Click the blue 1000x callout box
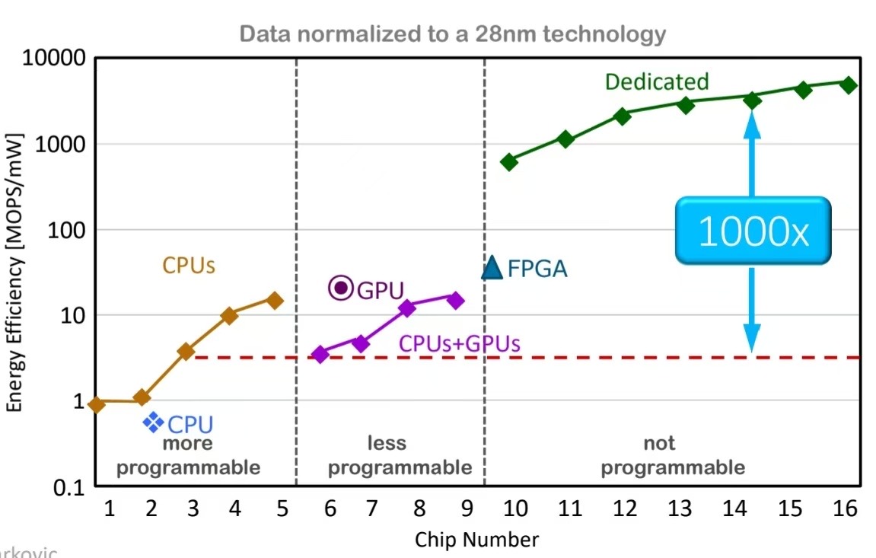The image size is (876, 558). tap(753, 231)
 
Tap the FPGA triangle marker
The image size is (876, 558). tap(492, 267)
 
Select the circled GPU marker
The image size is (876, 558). tap(341, 288)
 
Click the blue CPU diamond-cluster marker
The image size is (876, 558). tap(154, 422)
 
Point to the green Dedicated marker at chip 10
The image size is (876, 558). tap(509, 161)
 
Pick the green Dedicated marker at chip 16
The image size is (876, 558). tap(849, 84)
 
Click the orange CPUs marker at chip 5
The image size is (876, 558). tap(275, 301)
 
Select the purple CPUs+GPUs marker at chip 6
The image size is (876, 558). tap(320, 354)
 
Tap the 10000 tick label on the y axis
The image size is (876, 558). tap(52, 59)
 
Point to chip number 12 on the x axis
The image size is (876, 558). tap(626, 508)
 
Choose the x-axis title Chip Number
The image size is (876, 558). tap(476, 540)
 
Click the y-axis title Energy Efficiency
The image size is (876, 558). tap(14, 273)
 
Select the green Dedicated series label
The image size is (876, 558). tap(657, 82)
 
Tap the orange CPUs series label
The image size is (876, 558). tap(189, 266)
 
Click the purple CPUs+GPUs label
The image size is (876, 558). tap(460, 344)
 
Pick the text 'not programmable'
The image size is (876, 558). tap(673, 455)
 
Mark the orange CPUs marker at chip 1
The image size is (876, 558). tap(97, 404)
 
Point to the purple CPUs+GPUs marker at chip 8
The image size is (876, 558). tap(407, 308)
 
